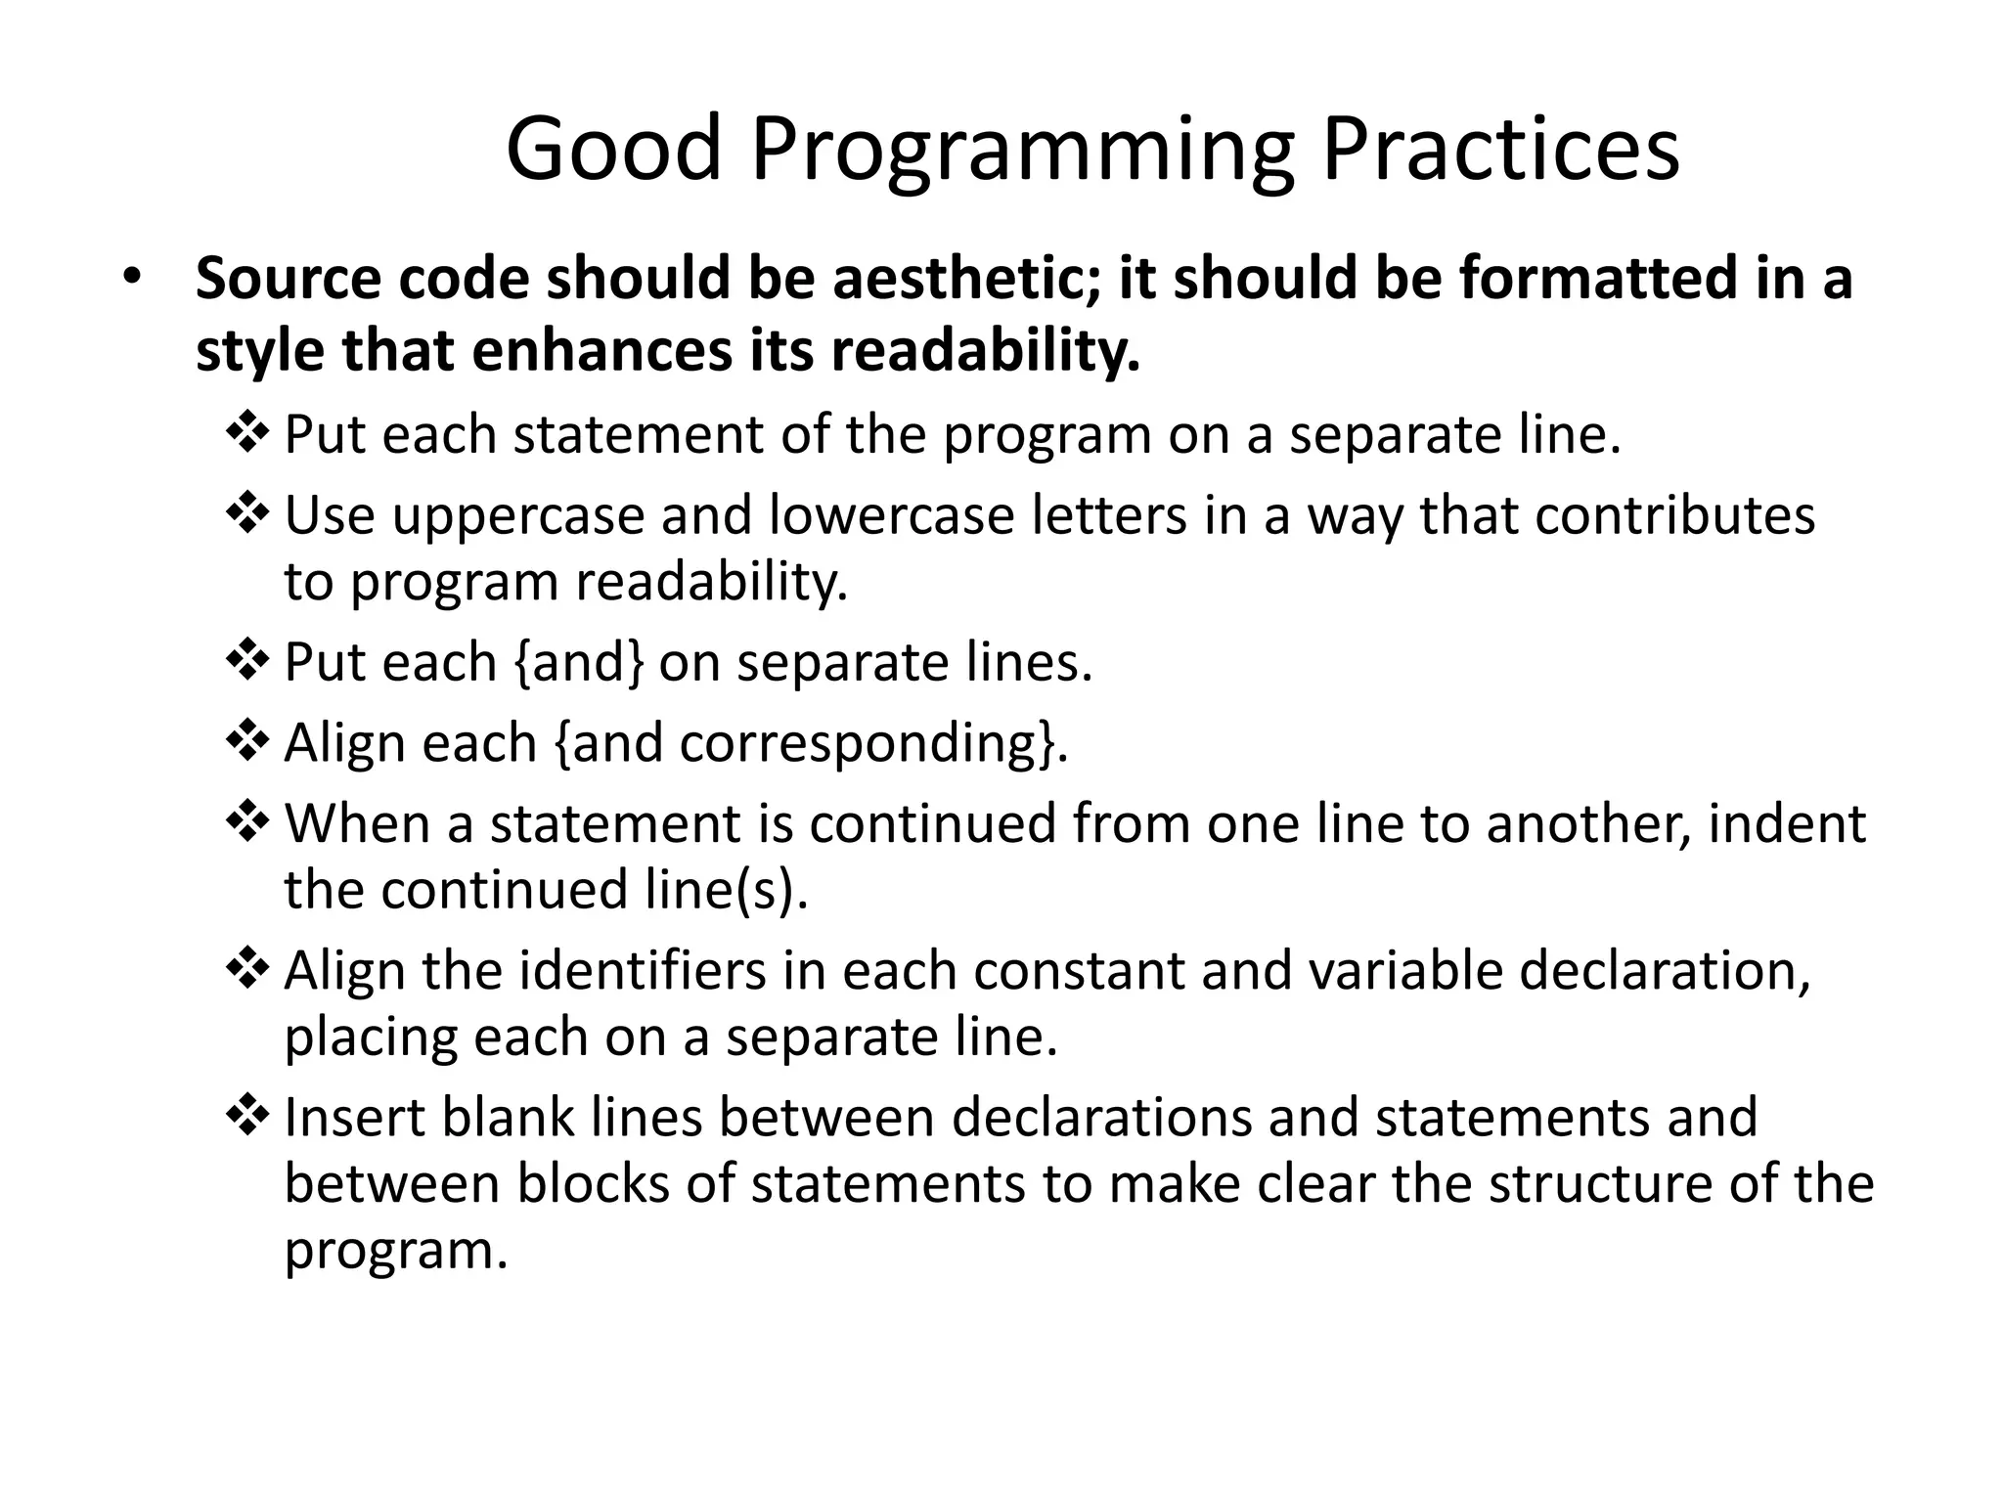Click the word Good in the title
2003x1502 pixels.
point(613,149)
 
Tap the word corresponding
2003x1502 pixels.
point(857,745)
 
